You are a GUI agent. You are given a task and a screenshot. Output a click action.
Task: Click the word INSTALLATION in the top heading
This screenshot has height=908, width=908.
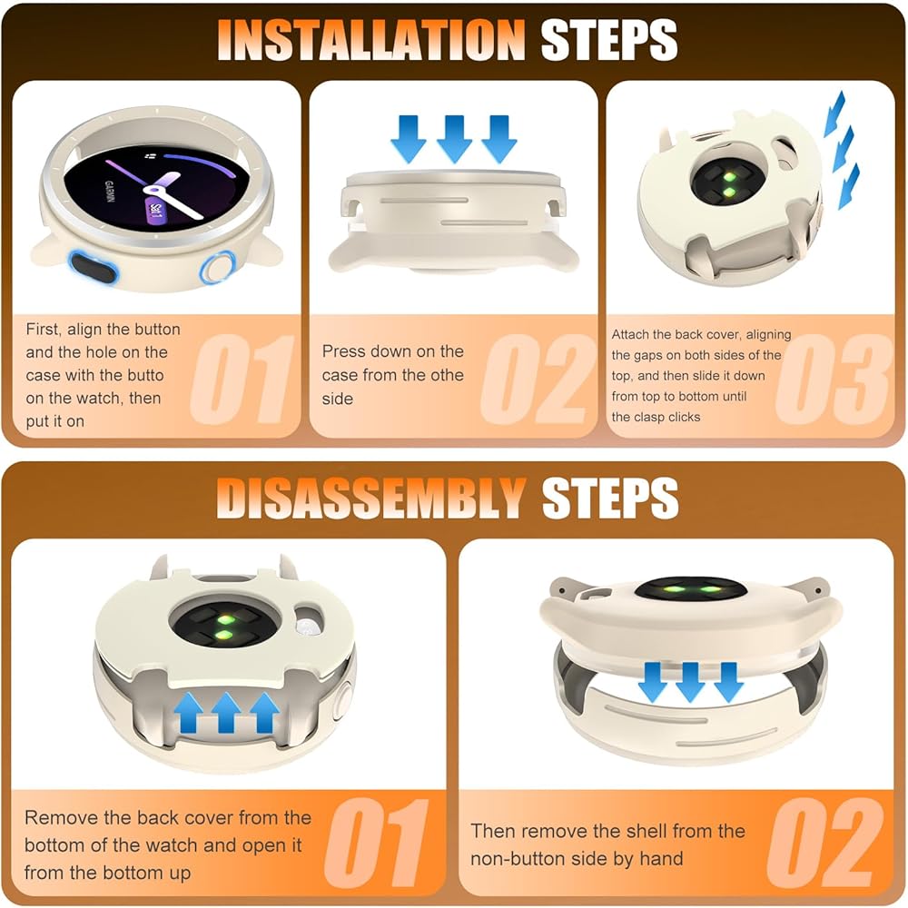371,39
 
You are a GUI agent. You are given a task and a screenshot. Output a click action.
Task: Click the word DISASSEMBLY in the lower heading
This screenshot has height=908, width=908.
371,498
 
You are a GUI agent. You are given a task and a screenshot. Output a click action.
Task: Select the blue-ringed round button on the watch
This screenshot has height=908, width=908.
218,268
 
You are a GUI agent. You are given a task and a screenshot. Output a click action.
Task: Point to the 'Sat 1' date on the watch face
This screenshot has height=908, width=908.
156,211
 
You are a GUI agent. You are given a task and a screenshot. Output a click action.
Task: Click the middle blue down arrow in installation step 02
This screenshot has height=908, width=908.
454,139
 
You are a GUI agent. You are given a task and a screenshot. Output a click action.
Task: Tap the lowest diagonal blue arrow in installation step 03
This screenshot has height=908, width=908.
848,186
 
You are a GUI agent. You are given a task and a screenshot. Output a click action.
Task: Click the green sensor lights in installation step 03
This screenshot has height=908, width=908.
728,183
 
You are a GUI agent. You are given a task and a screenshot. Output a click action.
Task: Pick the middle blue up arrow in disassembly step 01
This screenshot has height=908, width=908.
226,712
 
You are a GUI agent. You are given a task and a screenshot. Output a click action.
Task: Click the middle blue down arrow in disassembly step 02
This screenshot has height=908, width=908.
690,682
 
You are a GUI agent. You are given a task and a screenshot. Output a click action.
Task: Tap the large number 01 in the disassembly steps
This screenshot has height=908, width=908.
377,843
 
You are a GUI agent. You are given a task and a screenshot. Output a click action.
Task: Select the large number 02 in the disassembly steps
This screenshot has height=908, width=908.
825,843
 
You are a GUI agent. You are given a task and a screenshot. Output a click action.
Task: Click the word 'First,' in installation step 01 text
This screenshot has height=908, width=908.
44,330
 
